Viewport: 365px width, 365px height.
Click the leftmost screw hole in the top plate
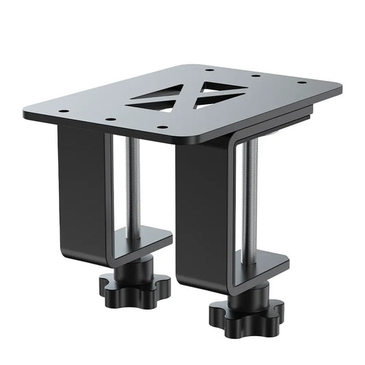click(x=63, y=110)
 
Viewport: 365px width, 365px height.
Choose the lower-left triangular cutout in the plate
click(x=152, y=103)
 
